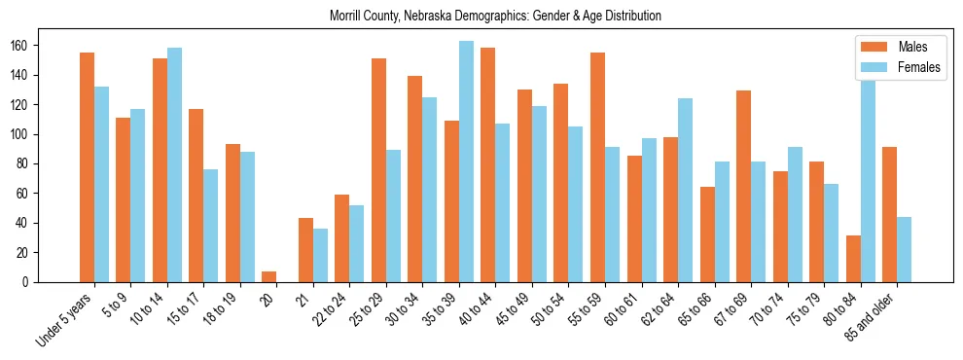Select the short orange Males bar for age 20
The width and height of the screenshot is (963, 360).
click(x=269, y=276)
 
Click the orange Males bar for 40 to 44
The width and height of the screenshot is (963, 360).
click(x=488, y=165)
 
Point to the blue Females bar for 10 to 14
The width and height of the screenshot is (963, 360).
click(x=174, y=165)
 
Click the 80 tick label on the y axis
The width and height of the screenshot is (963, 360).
click(x=28, y=163)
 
